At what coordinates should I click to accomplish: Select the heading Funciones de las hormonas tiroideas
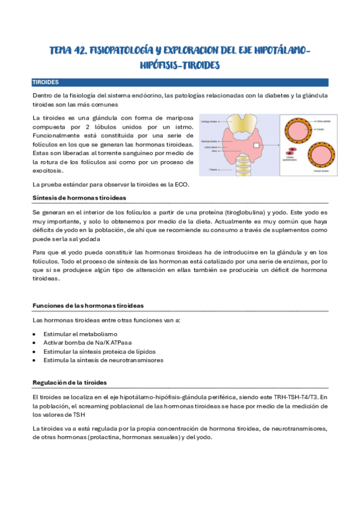[x=87, y=306]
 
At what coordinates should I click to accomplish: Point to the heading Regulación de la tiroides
[x=70, y=382]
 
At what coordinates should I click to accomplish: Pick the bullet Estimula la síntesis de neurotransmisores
[x=103, y=360]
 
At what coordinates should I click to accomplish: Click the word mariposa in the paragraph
[x=178, y=118]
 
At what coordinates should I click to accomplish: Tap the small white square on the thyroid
[x=257, y=146]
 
